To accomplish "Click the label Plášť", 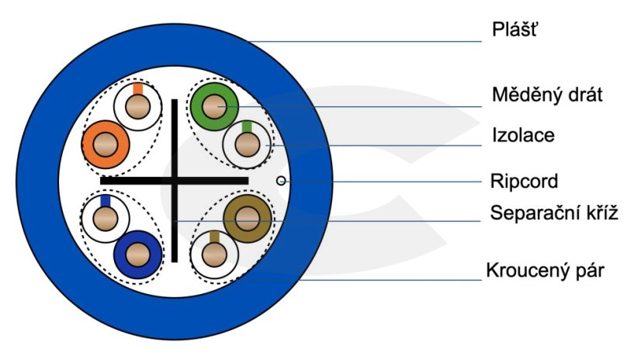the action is click(515, 29).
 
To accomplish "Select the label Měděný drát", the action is click(547, 95).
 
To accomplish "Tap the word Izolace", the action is click(523, 135).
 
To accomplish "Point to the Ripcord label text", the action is click(524, 181).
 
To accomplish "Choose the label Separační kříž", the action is click(554, 213).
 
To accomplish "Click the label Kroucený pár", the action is click(545, 271).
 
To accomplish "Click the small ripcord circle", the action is click(281, 181).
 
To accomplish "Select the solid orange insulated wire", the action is click(106, 144).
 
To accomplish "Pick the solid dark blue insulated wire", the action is click(138, 254).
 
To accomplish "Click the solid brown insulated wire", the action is click(248, 219).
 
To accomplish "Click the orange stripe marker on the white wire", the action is click(138, 89).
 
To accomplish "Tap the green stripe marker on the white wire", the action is click(247, 126).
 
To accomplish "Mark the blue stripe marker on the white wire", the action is click(106, 201).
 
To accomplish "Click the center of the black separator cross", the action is click(175, 181).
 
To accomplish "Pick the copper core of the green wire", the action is click(214, 106).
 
